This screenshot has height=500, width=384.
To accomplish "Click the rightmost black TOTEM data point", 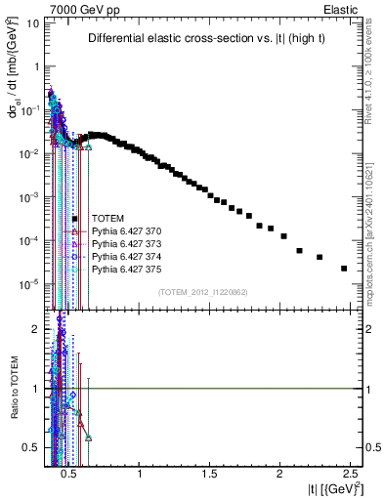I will [x=344, y=269].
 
